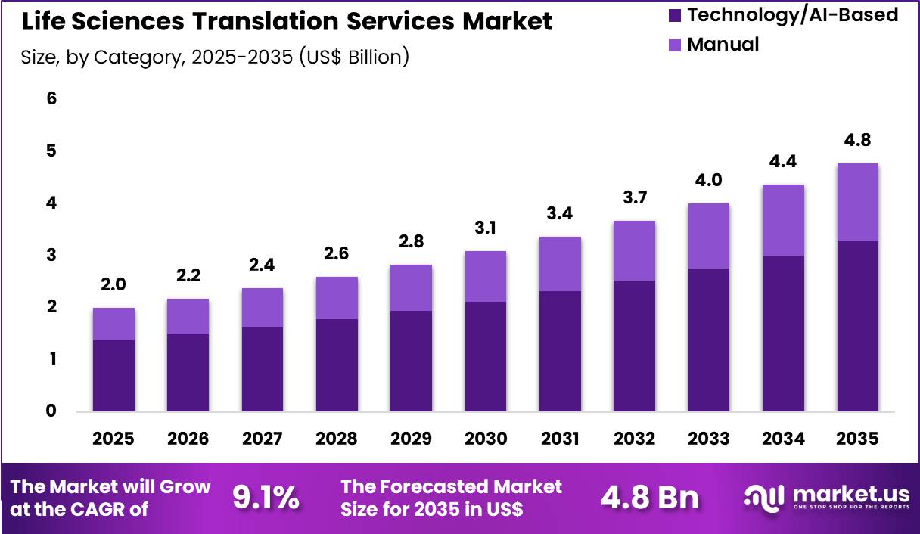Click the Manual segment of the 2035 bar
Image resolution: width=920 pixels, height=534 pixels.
pos(857,202)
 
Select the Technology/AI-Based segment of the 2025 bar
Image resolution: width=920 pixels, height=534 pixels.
pos(113,376)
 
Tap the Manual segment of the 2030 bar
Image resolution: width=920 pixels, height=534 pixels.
pos(486,276)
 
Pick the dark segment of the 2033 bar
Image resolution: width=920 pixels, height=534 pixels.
pos(708,340)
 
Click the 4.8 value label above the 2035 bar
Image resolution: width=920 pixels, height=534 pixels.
pos(857,140)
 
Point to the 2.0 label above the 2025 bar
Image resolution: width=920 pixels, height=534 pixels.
pos(113,284)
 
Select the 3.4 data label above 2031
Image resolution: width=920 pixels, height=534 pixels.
pos(560,213)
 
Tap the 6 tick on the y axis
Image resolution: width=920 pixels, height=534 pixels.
pos(52,98)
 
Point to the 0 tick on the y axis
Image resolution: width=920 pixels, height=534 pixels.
pos(52,411)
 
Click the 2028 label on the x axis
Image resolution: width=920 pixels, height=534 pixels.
pos(337,439)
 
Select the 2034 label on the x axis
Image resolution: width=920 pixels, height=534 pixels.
pos(783,439)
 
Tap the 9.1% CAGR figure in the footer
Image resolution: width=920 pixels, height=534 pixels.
pos(266,498)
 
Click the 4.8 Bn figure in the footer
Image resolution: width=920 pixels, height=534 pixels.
pos(651,498)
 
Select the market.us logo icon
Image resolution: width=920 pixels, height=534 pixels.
pos(765,496)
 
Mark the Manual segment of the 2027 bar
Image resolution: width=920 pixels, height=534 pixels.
pos(263,307)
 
